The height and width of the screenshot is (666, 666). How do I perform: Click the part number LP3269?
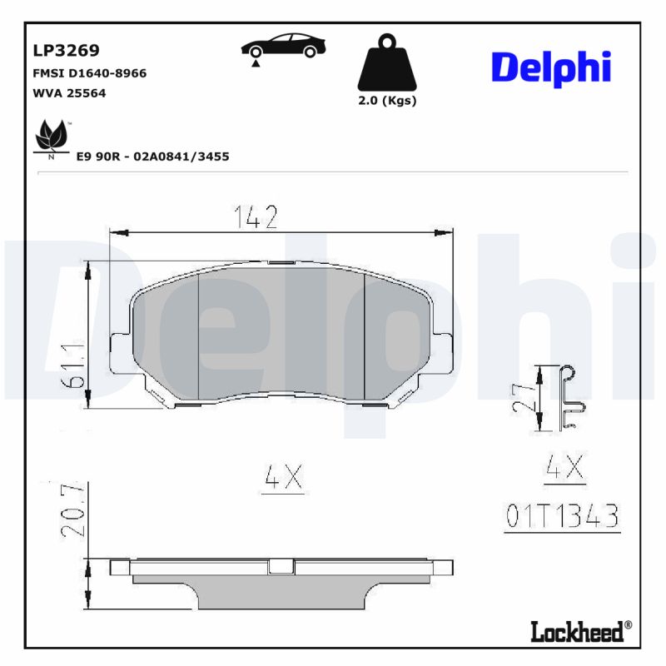point(66,50)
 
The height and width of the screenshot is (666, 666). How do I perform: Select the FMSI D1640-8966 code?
point(89,73)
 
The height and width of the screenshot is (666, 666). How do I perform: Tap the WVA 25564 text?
point(69,93)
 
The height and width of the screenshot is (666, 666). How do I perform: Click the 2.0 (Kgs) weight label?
point(386,101)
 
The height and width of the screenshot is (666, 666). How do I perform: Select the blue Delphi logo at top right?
point(550,67)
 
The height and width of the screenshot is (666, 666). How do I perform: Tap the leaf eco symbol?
point(52,137)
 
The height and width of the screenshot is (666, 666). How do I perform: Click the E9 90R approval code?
point(152,156)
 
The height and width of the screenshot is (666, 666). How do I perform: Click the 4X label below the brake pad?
point(282,478)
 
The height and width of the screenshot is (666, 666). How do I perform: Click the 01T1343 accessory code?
point(563,517)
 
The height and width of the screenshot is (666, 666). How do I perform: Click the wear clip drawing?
point(570,398)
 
